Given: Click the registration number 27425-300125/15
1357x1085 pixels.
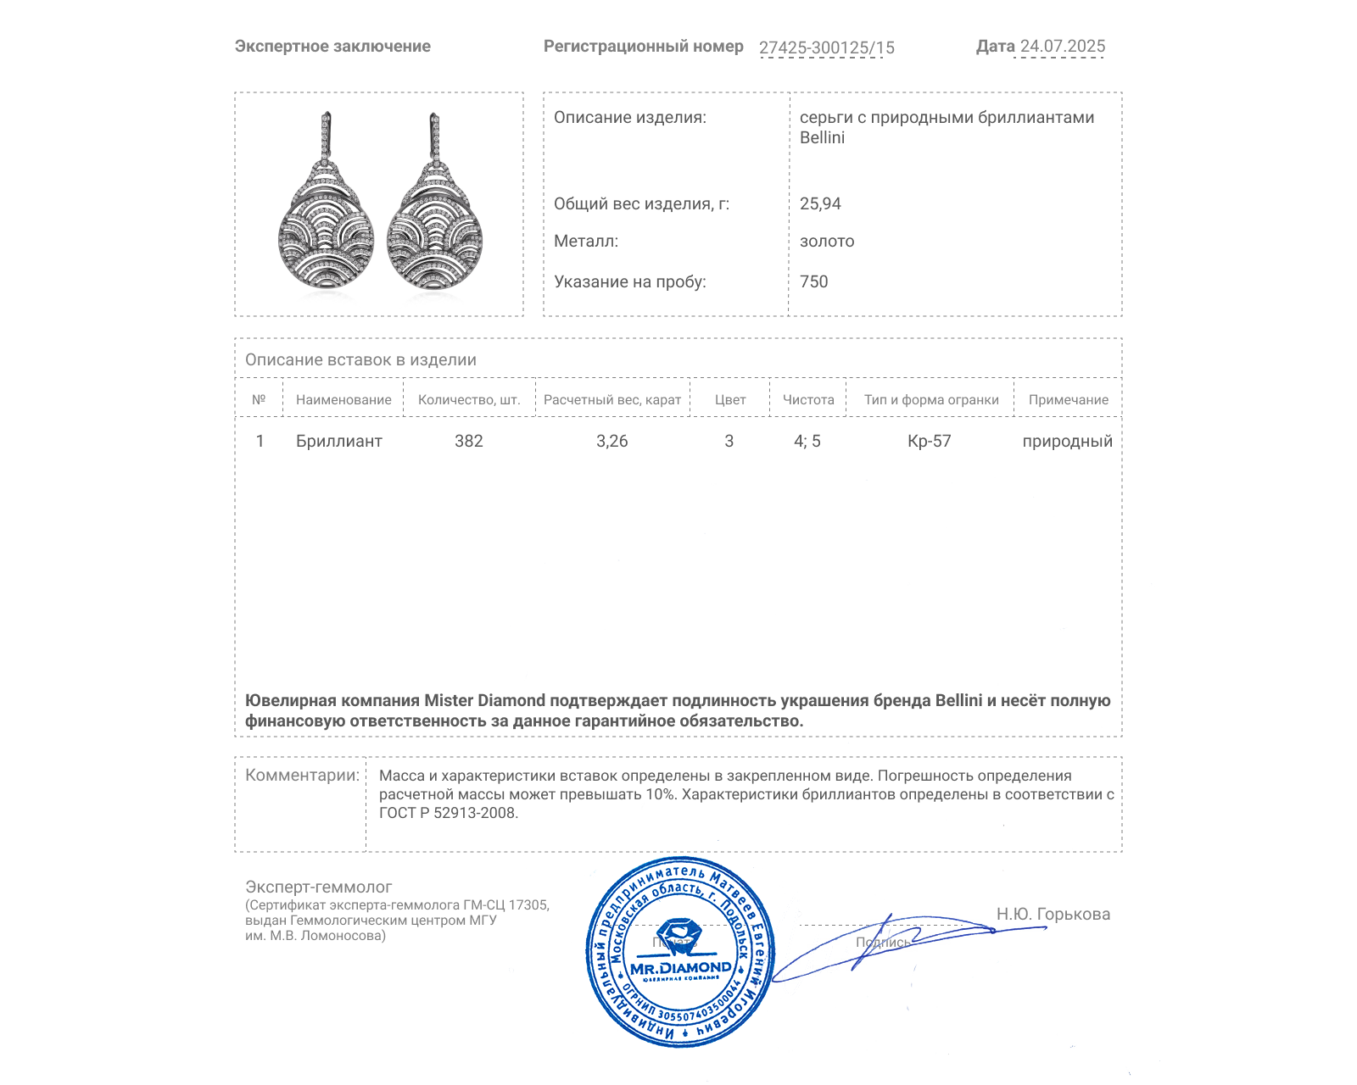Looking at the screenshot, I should pos(826,47).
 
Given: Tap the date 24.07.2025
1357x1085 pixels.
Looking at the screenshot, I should pos(1062,47).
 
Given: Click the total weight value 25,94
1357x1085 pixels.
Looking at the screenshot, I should pos(820,203).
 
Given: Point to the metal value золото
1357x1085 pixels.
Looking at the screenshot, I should pos(827,241).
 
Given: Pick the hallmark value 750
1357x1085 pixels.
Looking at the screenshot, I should pos(813,281).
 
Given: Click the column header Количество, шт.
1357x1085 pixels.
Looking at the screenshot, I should pos(469,399).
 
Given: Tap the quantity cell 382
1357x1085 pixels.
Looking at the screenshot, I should pos(468,441).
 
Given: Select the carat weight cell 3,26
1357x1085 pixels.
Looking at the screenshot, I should pos(611,441).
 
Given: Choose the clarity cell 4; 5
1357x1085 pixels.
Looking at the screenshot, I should pos(807,441).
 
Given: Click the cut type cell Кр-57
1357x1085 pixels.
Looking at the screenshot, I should pos(929,441).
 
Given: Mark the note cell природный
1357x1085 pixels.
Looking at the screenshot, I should pos(1067,441).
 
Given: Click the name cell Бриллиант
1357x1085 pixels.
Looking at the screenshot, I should pos(338,441).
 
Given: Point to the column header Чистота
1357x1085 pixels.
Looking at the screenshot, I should pos(807,399).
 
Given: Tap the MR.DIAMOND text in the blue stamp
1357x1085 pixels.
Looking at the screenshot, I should pos(680,967).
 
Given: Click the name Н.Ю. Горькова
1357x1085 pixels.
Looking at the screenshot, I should pos(1053,914).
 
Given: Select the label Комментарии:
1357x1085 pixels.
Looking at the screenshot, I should pos(302,775).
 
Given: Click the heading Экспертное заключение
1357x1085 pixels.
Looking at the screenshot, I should pos(332,47).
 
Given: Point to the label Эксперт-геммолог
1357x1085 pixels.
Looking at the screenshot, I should pos(318,887).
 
